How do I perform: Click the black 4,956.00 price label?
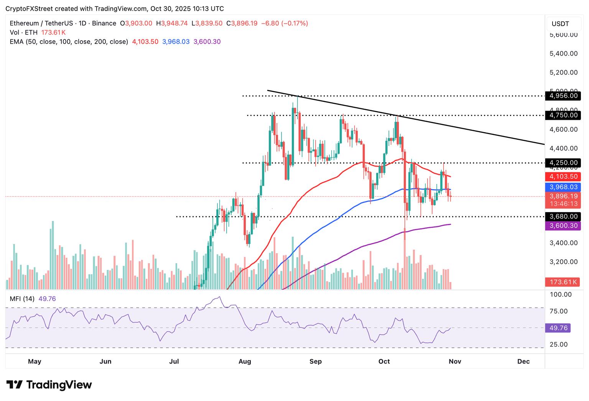click(563, 96)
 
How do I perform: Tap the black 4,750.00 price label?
click(563, 115)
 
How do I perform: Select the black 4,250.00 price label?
click(563, 163)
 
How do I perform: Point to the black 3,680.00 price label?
click(563, 216)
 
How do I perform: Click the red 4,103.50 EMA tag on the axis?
click(563, 177)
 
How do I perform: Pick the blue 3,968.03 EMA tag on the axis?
click(563, 187)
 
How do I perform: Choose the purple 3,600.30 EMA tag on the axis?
click(563, 226)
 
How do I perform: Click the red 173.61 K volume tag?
click(563, 282)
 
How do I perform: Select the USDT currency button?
click(560, 24)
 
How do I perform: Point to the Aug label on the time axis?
click(245, 361)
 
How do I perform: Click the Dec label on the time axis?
click(523, 361)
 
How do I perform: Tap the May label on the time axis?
click(35, 361)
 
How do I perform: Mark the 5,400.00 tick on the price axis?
click(563, 54)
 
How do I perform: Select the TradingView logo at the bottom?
click(49, 385)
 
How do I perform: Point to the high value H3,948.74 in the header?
click(172, 23)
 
